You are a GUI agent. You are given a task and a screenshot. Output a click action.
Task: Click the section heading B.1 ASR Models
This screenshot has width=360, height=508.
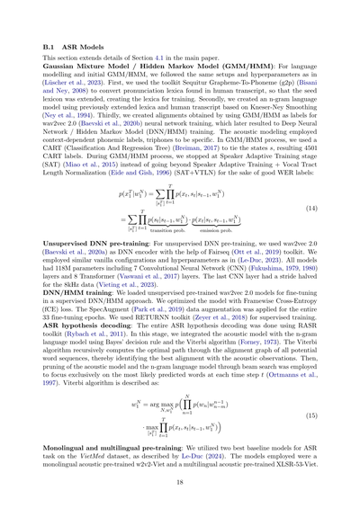(79, 42)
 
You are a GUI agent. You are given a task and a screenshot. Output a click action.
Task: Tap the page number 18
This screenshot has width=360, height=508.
(180, 482)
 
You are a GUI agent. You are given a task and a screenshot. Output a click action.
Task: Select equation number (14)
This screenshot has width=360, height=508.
(310, 211)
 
